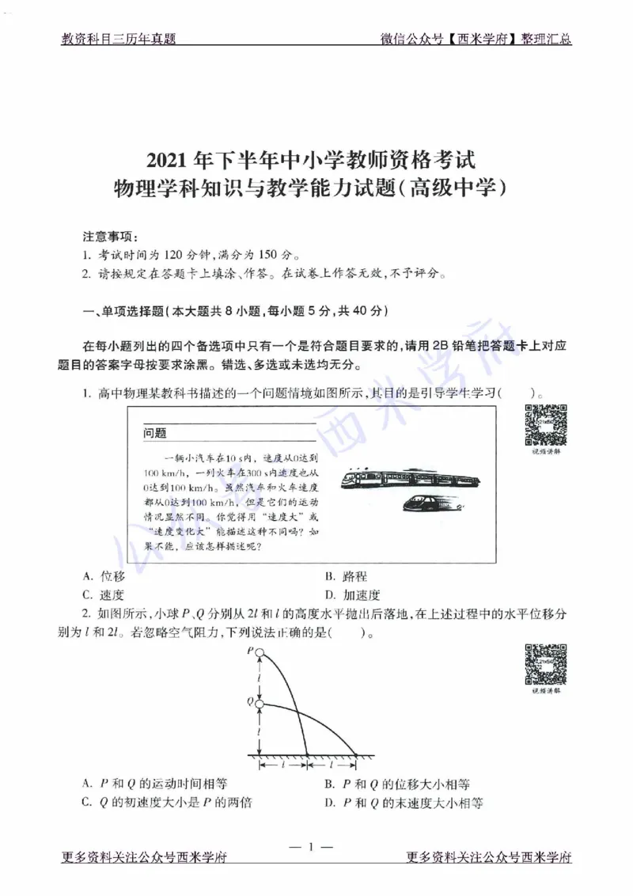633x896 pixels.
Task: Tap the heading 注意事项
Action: tap(110, 237)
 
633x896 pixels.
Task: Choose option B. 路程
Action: tap(346, 576)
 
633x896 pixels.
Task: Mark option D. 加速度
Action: tap(352, 594)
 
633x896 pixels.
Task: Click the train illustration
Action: tap(410, 478)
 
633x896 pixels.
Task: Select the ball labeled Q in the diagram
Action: tap(259, 701)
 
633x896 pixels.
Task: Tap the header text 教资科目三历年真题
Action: tap(118, 39)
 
